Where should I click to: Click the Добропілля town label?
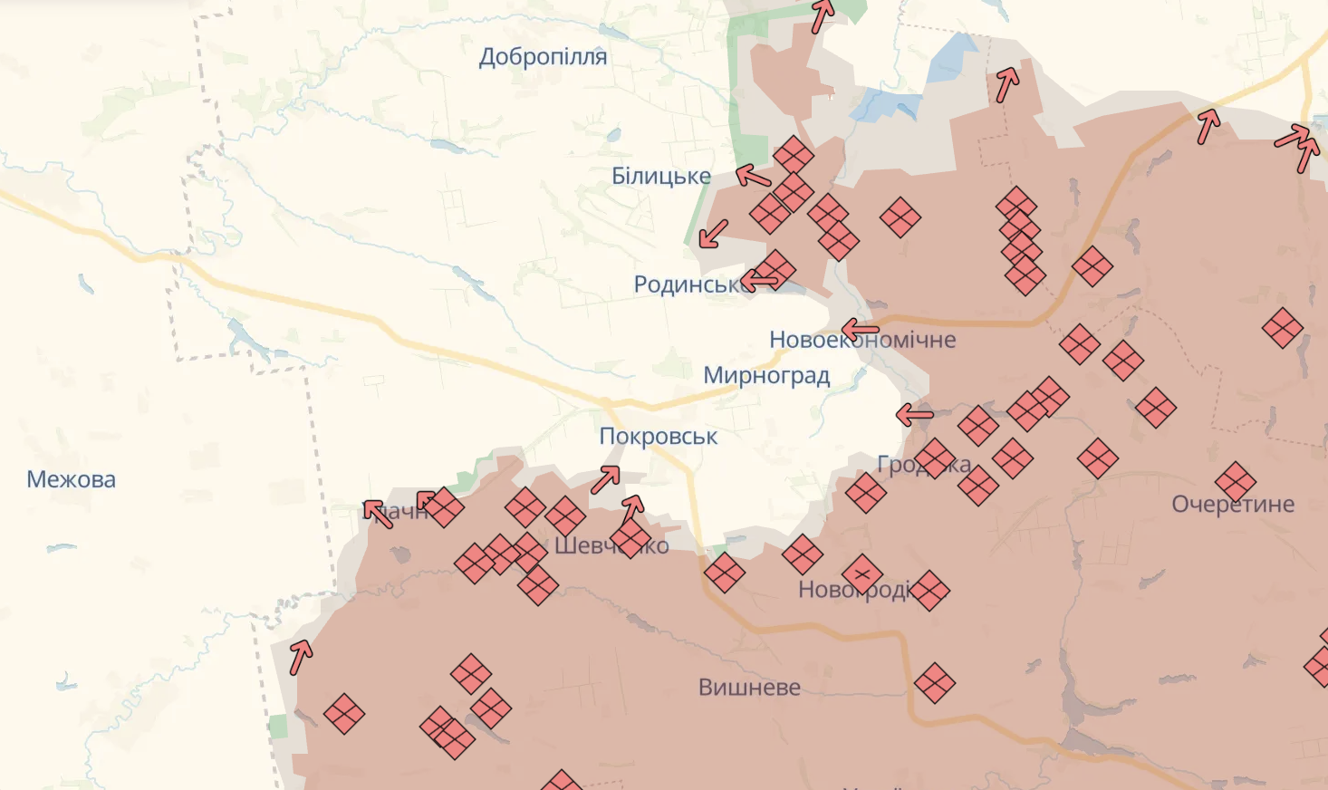tap(543, 57)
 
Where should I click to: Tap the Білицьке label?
tap(660, 176)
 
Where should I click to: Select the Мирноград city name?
tap(766, 375)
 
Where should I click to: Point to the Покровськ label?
tap(658, 437)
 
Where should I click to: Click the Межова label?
tap(71, 479)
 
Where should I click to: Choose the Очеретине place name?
tap(1232, 505)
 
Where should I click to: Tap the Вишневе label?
tap(749, 688)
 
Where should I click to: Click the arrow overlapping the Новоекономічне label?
tap(860, 330)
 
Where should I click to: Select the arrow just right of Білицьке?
tap(753, 175)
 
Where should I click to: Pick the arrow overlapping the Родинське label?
tap(759, 281)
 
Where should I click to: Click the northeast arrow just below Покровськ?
tap(605, 479)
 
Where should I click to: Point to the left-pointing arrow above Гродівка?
tap(914, 416)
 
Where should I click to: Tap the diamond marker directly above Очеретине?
tap(1235, 481)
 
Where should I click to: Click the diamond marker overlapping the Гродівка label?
tap(934, 458)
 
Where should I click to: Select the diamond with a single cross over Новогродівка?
tap(861, 574)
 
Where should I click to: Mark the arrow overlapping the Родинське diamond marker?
tap(759, 281)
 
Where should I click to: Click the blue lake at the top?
tap(950, 57)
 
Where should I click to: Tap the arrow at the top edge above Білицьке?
tap(823, 15)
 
